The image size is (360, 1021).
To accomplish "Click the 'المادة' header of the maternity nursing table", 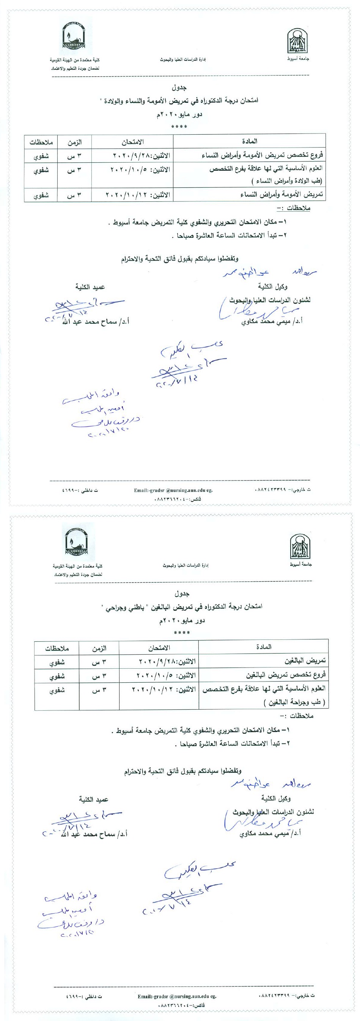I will pyautogui.click(x=249, y=141).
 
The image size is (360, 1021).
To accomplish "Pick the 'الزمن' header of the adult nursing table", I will pyautogui.click(x=99, y=649).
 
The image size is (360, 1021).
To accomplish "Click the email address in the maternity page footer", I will pyautogui.click(x=173, y=490).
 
